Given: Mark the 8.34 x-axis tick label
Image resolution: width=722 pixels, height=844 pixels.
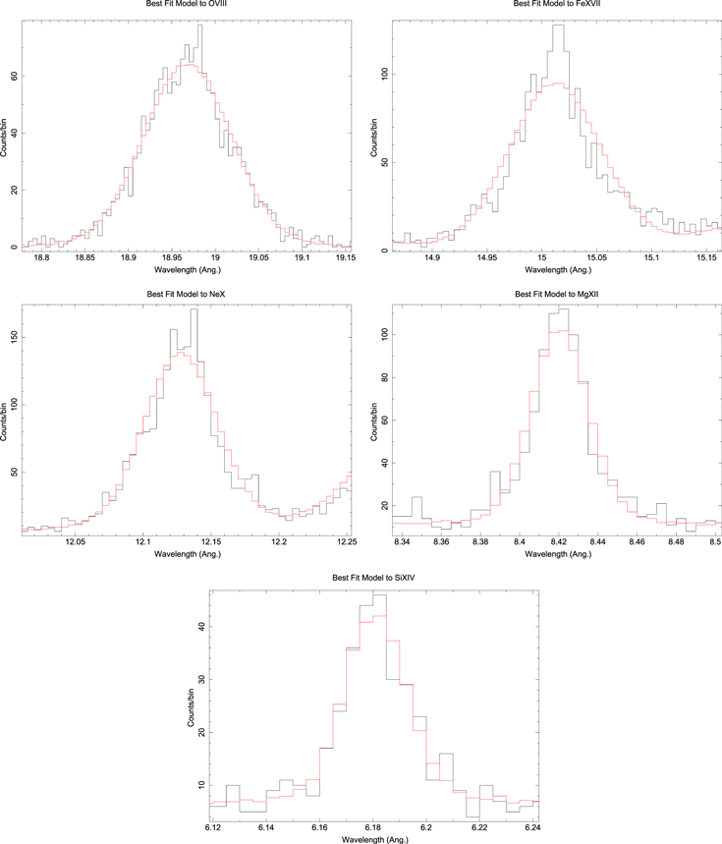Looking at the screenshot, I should pos(402,541).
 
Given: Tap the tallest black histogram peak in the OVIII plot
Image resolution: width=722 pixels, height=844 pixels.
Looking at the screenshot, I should pos(199,28).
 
